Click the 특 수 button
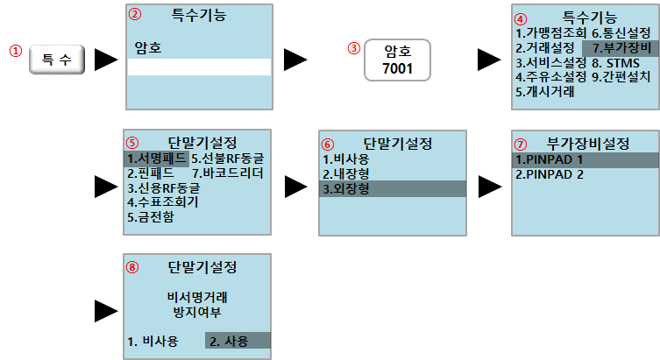click(x=58, y=60)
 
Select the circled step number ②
click(x=134, y=15)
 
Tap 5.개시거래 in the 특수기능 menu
click(x=544, y=91)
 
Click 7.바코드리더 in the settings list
click(x=227, y=173)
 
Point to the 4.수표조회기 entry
click(x=162, y=202)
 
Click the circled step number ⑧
click(x=132, y=267)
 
